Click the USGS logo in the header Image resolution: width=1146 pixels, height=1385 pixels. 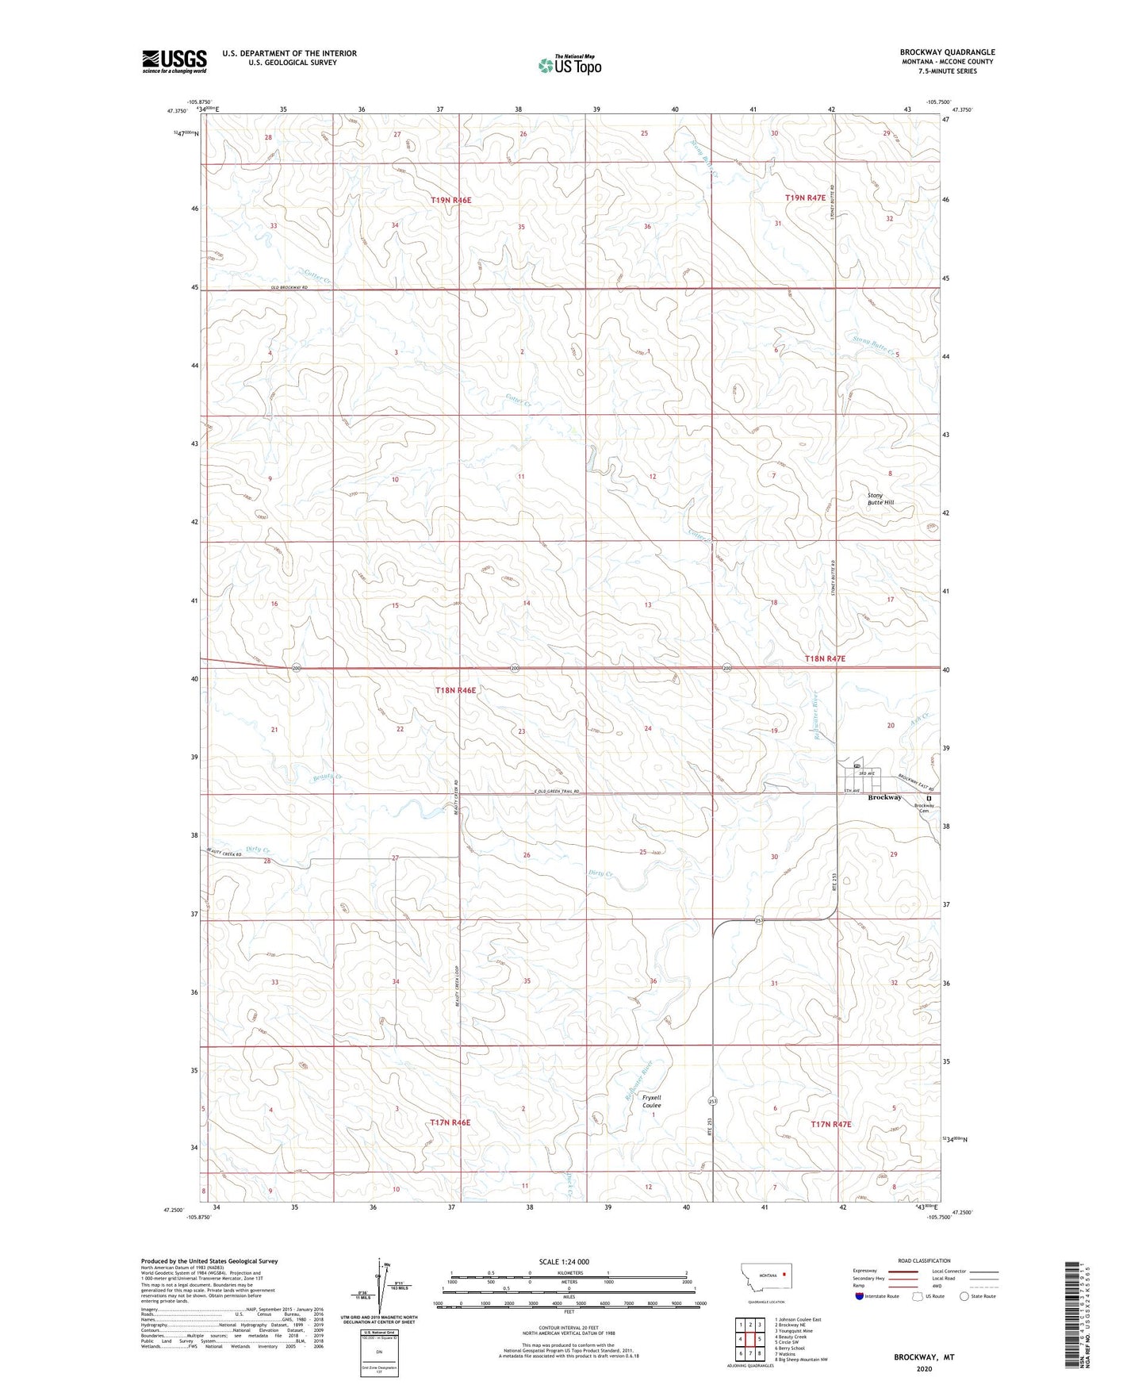point(174,61)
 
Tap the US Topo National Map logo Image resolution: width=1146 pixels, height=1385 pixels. point(569,65)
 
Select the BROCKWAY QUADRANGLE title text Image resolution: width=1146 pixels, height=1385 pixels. point(947,52)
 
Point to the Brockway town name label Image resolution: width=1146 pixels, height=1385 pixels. point(884,797)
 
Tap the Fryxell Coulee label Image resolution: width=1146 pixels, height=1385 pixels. point(651,1101)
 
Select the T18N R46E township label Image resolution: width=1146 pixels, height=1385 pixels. point(455,690)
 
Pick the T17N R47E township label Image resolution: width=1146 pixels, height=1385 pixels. point(830,1124)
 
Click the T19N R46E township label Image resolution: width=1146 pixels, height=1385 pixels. point(450,201)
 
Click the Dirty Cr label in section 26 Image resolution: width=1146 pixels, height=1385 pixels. point(600,873)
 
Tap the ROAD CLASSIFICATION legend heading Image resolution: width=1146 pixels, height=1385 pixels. point(924,1260)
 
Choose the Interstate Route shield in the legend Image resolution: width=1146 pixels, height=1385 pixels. point(861,1295)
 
